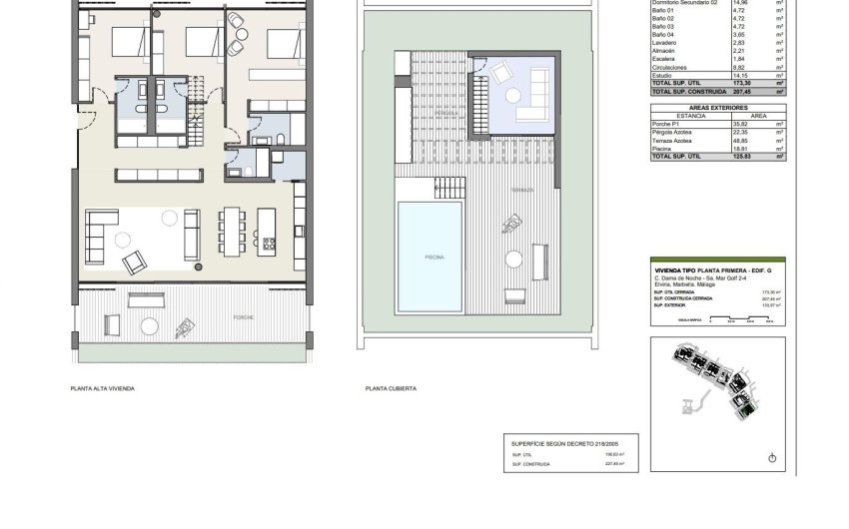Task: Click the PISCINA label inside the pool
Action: tap(433, 257)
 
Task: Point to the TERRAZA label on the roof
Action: tap(522, 189)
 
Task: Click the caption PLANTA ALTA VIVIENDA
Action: tap(102, 388)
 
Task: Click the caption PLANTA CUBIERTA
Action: tap(391, 388)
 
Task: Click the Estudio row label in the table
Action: tap(663, 75)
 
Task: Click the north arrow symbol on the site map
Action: tap(772, 457)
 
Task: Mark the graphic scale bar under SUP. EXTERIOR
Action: tap(740, 321)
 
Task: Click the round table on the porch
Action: tap(150, 325)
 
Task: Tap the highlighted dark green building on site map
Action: tap(745, 402)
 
